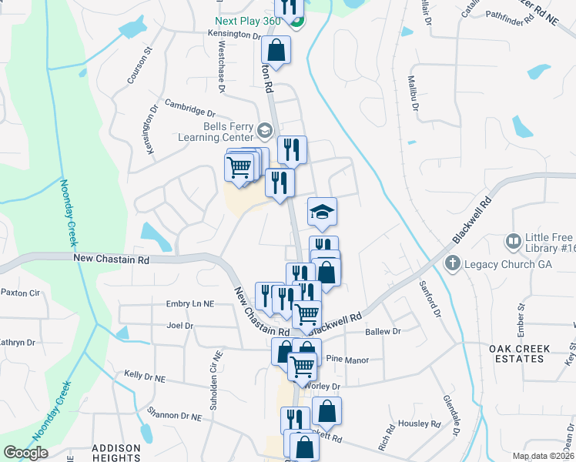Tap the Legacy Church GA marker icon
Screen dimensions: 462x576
453,264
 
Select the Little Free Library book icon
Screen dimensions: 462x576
513,242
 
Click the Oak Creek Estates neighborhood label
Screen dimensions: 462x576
521,353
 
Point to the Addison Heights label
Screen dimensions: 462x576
116,453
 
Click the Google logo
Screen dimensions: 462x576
25,453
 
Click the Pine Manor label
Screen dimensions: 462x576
347,359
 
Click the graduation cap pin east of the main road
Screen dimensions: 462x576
323,213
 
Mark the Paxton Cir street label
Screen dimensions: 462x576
20,293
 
